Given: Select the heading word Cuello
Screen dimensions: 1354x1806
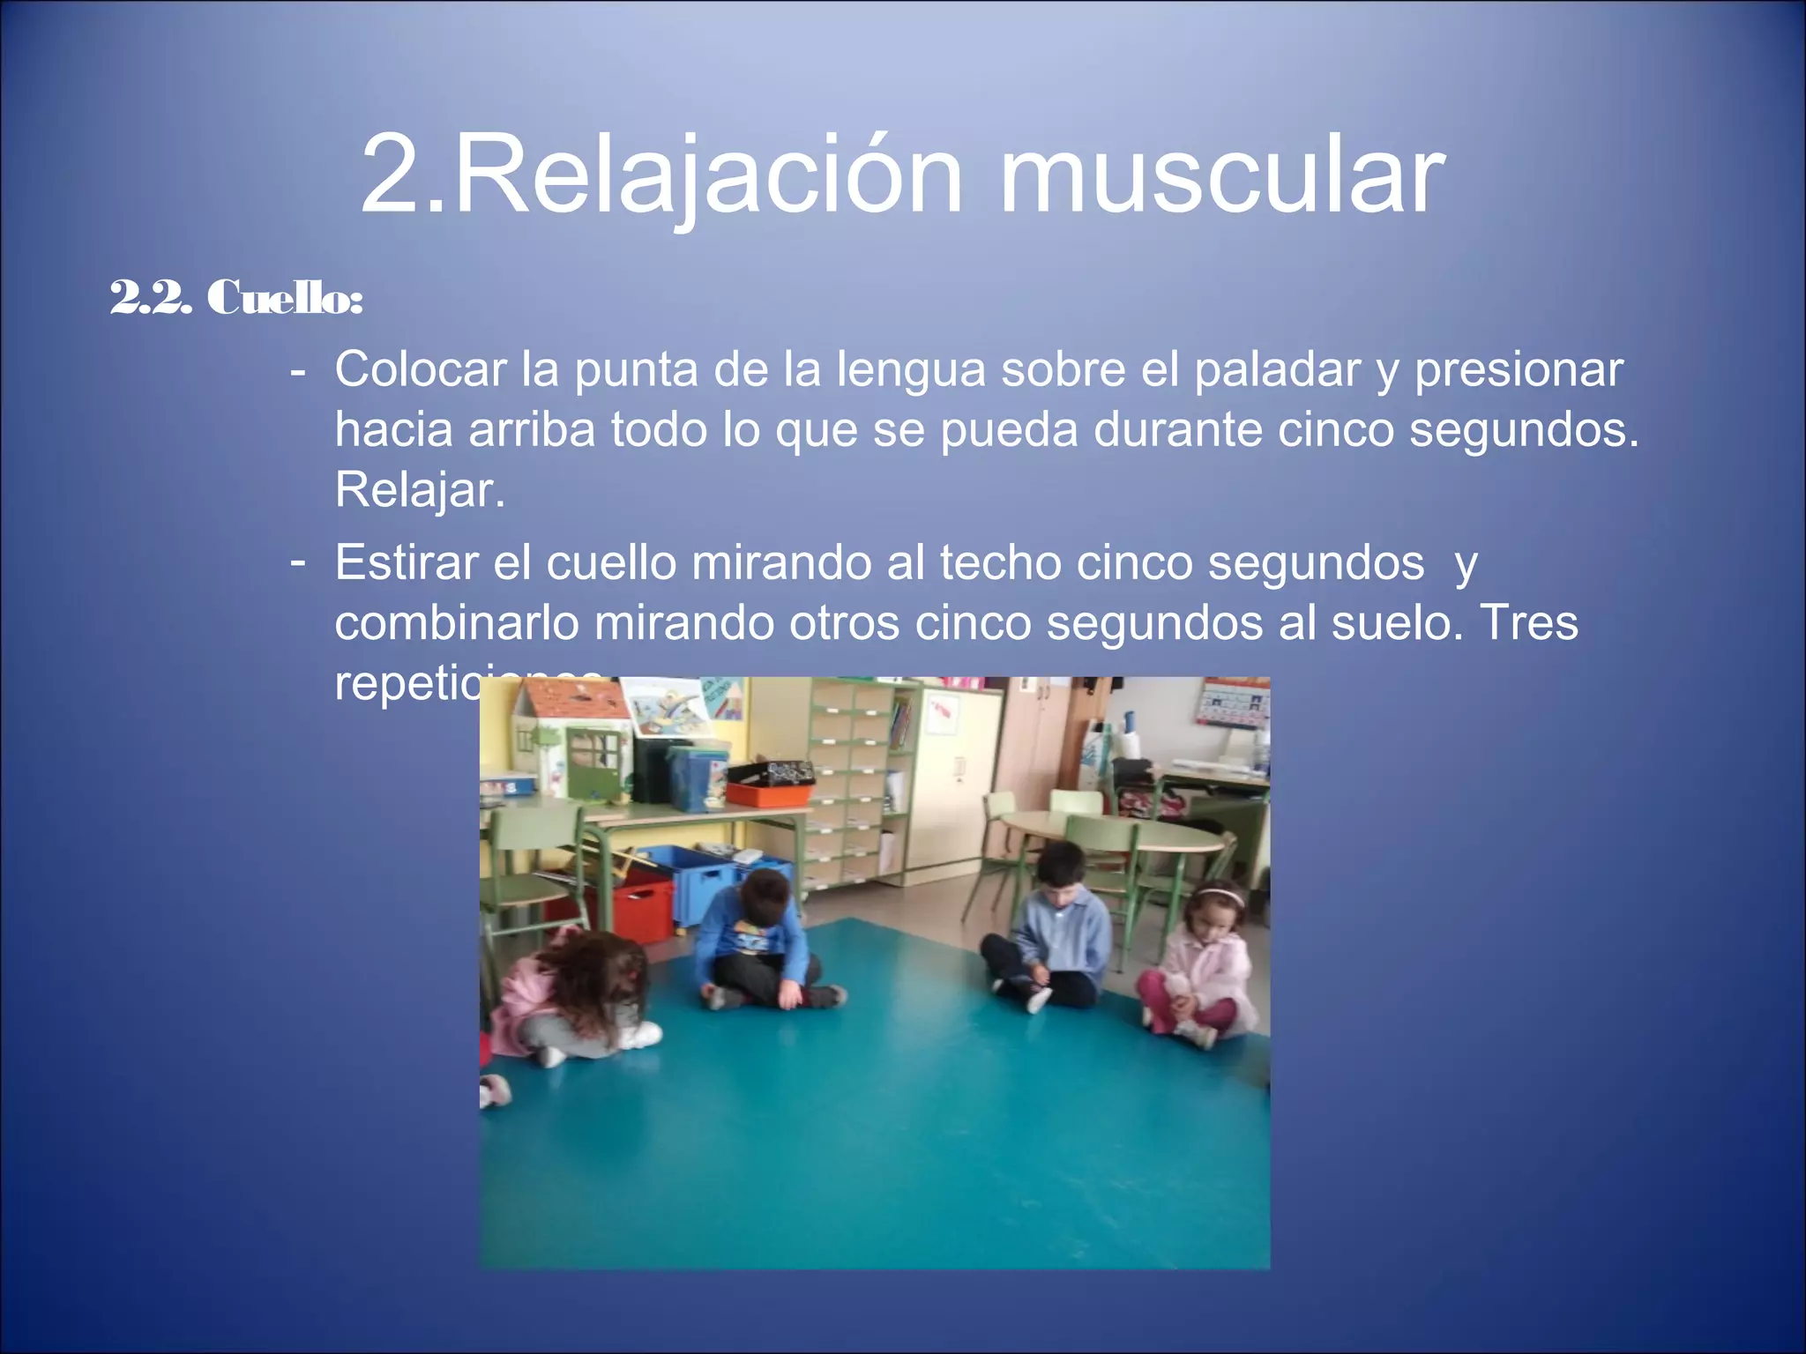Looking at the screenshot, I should pos(283,297).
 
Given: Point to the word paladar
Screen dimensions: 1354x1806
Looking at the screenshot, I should pos(1278,369).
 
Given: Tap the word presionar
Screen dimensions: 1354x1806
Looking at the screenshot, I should pos(1519,369).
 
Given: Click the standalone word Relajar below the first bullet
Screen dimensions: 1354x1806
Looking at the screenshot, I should pos(419,490).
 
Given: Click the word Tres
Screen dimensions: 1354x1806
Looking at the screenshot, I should pos(1528,622).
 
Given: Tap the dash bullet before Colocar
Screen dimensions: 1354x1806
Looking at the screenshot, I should pos(298,370).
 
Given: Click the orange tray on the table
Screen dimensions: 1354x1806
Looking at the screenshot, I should pos(767,792).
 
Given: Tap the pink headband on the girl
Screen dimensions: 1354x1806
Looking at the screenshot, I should pos(1220,896).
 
